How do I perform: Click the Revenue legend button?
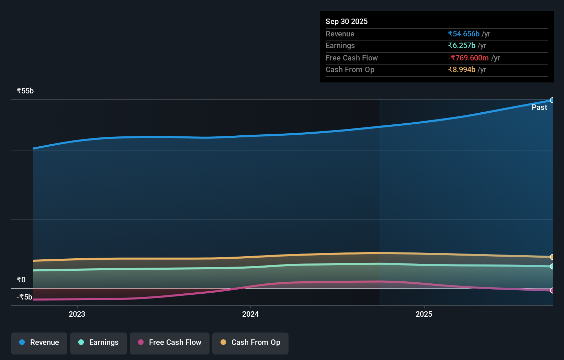(x=39, y=342)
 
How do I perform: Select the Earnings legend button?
(x=99, y=342)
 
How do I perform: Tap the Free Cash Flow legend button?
(x=170, y=342)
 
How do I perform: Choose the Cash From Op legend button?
(x=250, y=342)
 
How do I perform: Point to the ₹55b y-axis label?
(x=25, y=91)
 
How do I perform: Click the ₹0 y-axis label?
(x=21, y=280)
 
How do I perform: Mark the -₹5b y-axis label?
(x=24, y=297)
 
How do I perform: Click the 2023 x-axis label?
(x=77, y=314)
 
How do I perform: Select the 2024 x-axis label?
(x=250, y=314)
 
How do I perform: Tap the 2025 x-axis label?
(x=424, y=314)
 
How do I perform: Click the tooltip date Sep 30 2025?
(x=346, y=22)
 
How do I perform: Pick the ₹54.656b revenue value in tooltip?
(x=463, y=34)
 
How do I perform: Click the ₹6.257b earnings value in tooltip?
(x=461, y=46)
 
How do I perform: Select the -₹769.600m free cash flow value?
(x=468, y=58)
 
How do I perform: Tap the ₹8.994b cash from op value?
(x=461, y=70)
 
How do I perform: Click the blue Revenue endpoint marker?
(x=552, y=100)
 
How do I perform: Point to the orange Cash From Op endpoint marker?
(x=552, y=257)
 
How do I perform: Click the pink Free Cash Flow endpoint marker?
(x=552, y=291)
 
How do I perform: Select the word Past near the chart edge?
(x=539, y=108)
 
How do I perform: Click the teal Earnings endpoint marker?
(x=552, y=266)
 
